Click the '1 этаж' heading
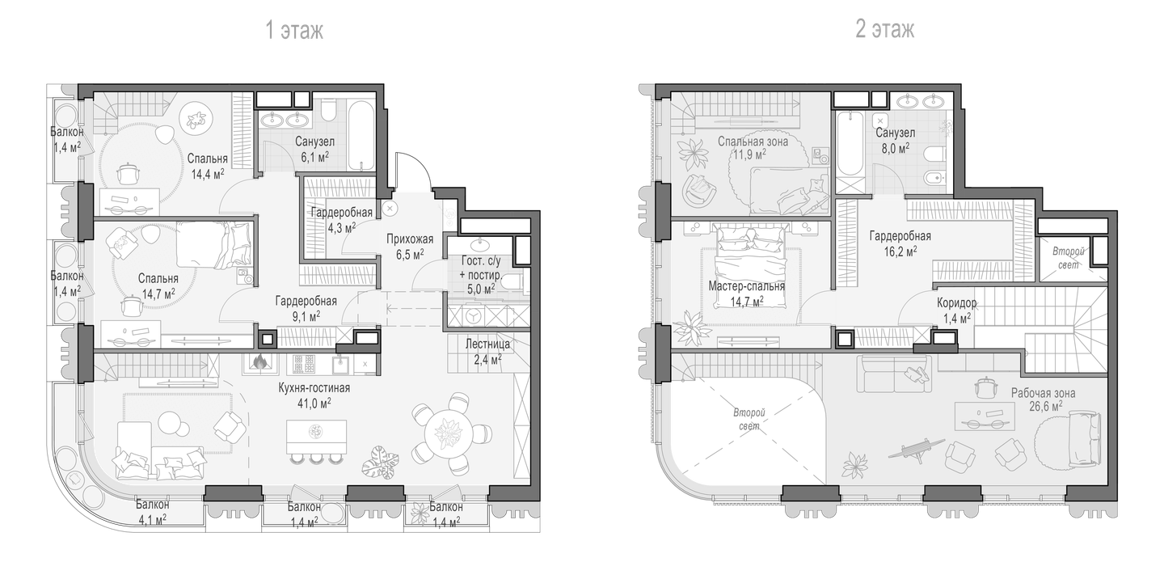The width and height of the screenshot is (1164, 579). (294, 30)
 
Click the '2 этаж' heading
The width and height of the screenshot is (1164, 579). (885, 29)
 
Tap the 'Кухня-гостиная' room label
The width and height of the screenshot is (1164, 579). (314, 387)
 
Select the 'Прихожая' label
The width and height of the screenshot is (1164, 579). (410, 239)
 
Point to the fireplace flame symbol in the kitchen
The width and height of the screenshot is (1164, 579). (259, 361)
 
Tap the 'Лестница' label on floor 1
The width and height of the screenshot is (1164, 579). (487, 344)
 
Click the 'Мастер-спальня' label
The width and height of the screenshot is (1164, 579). (747, 286)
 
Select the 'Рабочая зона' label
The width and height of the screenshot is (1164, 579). (1043, 394)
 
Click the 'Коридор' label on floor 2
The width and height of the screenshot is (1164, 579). (957, 303)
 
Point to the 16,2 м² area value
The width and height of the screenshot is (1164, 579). (900, 252)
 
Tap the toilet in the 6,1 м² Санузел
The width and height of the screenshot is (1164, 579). (328, 110)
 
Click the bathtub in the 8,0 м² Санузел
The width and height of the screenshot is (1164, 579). (850, 143)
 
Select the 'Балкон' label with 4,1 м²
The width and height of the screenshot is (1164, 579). (152, 504)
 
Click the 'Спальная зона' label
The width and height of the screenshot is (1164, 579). (753, 142)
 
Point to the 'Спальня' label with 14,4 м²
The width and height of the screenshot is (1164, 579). (207, 158)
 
